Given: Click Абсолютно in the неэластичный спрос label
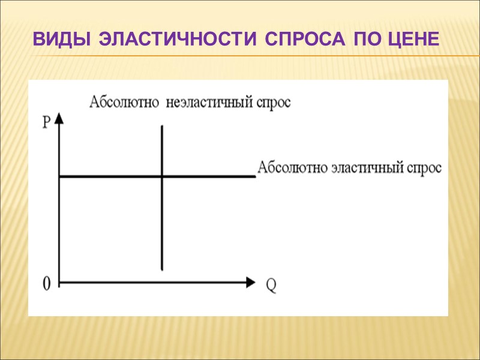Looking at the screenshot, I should (x=119, y=103).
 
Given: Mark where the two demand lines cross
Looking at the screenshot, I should (x=162, y=176).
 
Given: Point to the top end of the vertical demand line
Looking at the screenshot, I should (x=162, y=125).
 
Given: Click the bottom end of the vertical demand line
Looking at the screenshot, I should (x=162, y=269).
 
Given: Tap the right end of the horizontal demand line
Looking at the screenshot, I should (x=254, y=176).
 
